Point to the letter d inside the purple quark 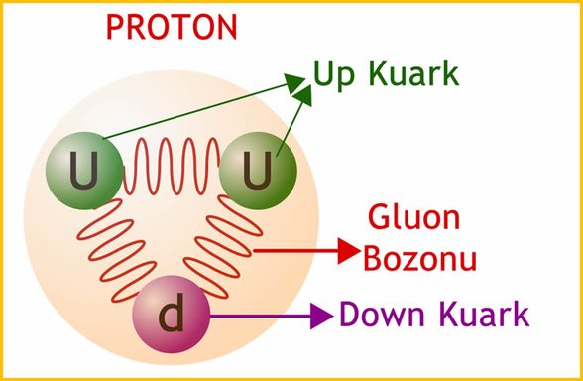point(172,317)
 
